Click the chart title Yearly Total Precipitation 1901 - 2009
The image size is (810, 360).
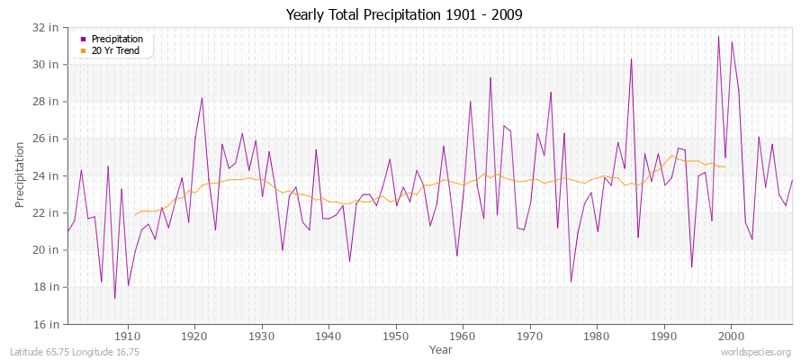click(x=404, y=14)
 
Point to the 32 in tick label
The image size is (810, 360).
click(x=48, y=27)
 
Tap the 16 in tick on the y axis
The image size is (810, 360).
click(x=48, y=324)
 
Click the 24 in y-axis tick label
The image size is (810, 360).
click(x=48, y=175)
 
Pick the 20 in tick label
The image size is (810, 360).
click(x=48, y=250)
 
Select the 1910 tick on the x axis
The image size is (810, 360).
click(x=128, y=336)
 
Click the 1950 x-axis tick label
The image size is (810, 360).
click(x=395, y=336)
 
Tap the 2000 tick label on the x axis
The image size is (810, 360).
click(x=730, y=336)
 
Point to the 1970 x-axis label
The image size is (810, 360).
click(x=529, y=336)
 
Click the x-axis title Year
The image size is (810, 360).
click(x=441, y=348)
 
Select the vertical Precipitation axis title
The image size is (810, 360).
click(x=20, y=175)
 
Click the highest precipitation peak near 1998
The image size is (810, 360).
click(x=718, y=37)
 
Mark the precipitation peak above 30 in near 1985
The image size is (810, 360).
click(x=631, y=59)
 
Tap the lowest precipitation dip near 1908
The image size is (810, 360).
click(x=114, y=298)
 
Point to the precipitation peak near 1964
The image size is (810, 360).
click(x=490, y=77)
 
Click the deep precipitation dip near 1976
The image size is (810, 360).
click(x=571, y=282)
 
